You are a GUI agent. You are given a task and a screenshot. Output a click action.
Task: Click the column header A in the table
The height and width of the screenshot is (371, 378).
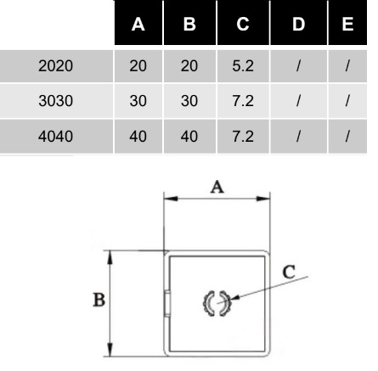pos(138,25)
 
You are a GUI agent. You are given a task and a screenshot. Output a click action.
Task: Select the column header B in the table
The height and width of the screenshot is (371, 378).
pos(189,25)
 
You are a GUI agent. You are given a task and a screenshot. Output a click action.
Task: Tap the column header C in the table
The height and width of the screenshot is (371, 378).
pos(243,25)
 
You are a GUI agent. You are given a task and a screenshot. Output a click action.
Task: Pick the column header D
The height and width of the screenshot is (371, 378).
pos(298,25)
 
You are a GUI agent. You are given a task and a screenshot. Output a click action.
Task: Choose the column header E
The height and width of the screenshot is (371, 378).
pos(347,25)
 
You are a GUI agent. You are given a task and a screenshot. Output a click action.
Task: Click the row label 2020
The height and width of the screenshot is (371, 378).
pos(56,66)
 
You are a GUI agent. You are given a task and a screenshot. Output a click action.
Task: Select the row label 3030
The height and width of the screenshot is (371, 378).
pos(56,101)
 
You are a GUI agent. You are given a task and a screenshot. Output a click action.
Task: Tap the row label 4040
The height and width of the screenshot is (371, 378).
pos(56,136)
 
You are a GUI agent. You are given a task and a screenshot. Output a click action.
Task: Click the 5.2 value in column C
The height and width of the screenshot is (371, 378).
pos(243,66)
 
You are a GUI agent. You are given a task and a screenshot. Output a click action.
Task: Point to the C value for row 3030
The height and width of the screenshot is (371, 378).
pos(243,101)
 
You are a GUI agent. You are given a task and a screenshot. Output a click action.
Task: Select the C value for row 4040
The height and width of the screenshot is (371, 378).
pos(243,136)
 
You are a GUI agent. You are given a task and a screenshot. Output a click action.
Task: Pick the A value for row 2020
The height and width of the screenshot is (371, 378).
pos(138,66)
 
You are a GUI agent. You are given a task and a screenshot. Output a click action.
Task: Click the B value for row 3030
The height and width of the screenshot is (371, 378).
pos(189,101)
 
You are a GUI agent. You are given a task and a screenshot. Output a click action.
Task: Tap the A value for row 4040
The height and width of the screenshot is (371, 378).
pos(138,136)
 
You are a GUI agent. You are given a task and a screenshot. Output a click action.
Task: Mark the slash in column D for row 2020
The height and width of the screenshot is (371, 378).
pos(298,66)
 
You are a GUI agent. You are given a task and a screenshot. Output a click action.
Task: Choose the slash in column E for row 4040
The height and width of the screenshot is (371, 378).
pos(347,136)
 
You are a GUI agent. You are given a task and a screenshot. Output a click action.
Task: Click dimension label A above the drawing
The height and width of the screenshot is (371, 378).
pos(217,188)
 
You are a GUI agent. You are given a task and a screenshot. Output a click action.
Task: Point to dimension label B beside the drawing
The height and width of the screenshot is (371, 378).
pos(99,300)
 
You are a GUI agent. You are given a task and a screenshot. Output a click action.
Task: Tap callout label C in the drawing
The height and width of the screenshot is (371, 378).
pos(289,273)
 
